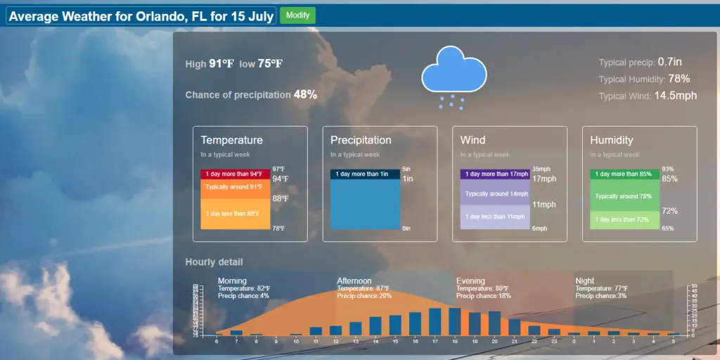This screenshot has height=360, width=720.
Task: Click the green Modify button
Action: [297, 15]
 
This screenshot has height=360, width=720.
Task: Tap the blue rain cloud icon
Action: [454, 71]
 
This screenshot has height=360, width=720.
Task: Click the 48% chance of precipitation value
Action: [305, 94]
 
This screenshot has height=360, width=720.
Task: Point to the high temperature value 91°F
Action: [221, 63]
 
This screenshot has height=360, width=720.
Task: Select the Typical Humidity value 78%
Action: [679, 79]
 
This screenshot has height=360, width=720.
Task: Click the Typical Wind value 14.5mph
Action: [675, 95]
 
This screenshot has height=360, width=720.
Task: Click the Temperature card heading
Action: [231, 140]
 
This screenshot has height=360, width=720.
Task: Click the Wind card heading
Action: [472, 140]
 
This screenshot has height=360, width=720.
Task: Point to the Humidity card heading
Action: [611, 140]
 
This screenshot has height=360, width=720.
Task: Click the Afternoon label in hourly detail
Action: [354, 281]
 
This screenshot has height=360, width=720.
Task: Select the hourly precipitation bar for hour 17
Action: [435, 321]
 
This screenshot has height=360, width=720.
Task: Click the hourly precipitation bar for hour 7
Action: [236, 333]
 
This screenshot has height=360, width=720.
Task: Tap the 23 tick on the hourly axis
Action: [554, 341]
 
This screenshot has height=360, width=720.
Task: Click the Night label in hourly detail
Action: [584, 281]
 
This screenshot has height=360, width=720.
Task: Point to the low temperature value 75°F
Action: [270, 63]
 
